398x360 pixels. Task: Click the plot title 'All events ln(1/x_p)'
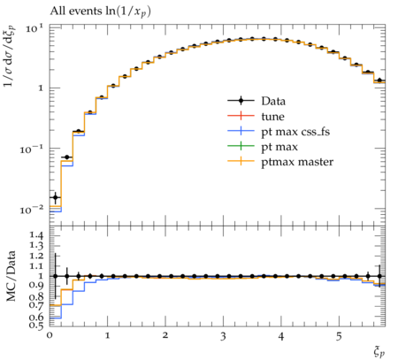pos(100,11)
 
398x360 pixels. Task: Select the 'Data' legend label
pos(273,101)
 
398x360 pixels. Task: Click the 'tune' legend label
pos(272,117)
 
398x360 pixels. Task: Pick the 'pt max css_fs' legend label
pos(295,132)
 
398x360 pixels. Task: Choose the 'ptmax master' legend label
pos(297,162)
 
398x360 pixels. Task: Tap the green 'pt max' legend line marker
pos(241,147)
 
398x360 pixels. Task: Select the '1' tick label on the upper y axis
pos(40,88)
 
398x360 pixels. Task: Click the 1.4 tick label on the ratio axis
pos(36,235)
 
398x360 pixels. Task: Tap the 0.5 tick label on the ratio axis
pos(36,326)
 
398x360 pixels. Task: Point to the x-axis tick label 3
pos(223,336)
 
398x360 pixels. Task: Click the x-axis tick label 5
pos(339,336)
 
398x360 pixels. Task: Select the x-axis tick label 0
pos(50,336)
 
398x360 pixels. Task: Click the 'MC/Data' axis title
pos(11,276)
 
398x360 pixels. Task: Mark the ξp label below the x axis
pos(379,352)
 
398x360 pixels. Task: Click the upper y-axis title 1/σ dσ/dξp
pos(10,56)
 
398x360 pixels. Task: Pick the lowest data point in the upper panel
pos(55,197)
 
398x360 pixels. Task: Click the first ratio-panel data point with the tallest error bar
pos(55,276)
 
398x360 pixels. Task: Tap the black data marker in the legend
pos(241,101)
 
